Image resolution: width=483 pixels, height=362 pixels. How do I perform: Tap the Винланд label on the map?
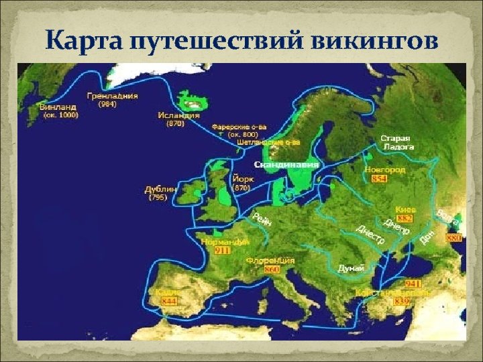tap(58, 107)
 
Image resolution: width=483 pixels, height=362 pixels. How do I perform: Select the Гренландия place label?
tap(112, 96)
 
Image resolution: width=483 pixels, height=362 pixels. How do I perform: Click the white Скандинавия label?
tap(286, 164)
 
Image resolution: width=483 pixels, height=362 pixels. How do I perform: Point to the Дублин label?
tap(160, 189)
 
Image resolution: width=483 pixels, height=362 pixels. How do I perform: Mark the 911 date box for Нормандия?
tap(222, 250)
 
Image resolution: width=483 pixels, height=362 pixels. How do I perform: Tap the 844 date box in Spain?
tap(168, 302)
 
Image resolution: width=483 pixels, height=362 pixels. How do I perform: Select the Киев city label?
tap(406, 209)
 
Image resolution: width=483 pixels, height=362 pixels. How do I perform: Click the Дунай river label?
tap(350, 267)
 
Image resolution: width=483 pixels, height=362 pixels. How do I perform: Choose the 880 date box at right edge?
tap(455, 238)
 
